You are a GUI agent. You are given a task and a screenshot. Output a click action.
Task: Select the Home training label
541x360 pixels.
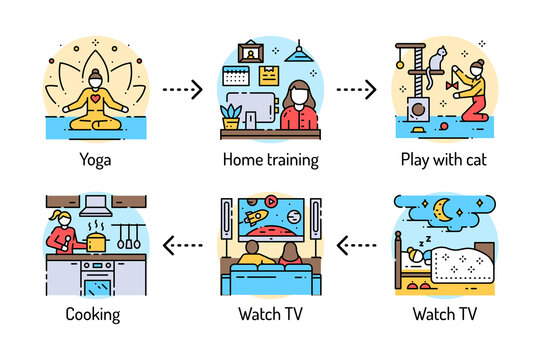[270, 158]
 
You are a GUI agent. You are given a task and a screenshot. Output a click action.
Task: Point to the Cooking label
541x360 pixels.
[92, 314]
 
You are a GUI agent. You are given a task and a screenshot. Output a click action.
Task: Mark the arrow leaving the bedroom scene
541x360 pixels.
[358, 243]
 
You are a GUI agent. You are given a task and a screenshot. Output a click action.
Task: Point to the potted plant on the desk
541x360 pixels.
[232, 116]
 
